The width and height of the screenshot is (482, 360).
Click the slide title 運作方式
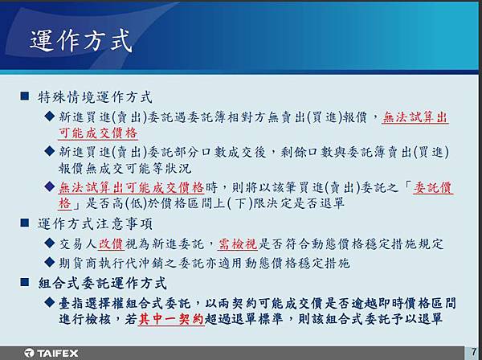(x=81, y=40)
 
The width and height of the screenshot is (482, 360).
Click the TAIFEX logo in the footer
(x=51, y=353)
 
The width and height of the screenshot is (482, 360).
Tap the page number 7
(x=474, y=352)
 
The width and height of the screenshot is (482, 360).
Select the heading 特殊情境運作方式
(x=95, y=97)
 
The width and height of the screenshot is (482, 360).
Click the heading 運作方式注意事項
(x=95, y=223)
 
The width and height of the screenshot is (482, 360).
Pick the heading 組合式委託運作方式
(x=102, y=283)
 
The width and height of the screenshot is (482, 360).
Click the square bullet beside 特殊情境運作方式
(x=25, y=96)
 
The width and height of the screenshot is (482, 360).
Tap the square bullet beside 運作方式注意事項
(x=25, y=223)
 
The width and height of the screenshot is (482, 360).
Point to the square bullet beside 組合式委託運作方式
(x=25, y=282)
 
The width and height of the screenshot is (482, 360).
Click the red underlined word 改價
(x=111, y=243)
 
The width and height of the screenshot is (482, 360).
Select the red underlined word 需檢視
(x=238, y=243)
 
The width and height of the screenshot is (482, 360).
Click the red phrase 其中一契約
(x=171, y=319)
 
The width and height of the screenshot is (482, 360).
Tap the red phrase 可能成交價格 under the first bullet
(x=98, y=133)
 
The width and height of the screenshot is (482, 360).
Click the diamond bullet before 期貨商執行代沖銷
(x=50, y=262)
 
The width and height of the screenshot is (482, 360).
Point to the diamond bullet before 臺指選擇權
(x=50, y=302)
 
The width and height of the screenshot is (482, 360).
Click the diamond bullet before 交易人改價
(x=50, y=243)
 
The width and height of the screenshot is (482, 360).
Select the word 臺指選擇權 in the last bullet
(x=92, y=304)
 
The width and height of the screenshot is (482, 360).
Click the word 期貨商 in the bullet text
(x=79, y=263)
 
